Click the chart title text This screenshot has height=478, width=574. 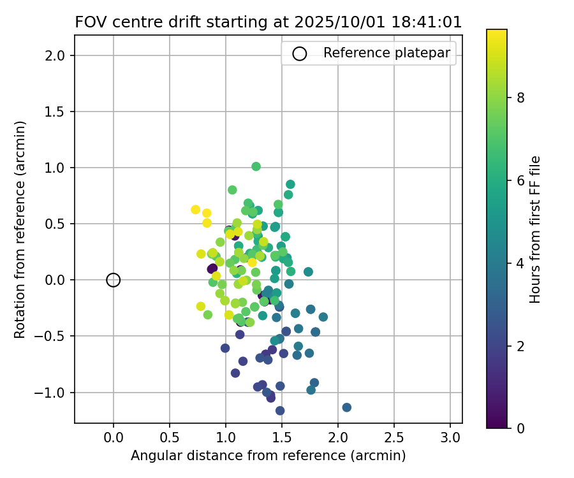click(269, 22)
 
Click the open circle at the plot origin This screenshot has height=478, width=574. click(114, 280)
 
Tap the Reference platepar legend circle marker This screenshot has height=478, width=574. click(299, 54)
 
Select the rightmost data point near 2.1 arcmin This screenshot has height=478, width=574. click(346, 407)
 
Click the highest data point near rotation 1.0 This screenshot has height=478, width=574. click(256, 166)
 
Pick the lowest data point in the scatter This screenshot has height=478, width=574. click(280, 410)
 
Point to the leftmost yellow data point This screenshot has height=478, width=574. click(196, 210)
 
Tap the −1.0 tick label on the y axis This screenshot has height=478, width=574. click(52, 392)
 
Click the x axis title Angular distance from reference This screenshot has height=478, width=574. click(268, 456)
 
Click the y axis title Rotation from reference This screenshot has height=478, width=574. click(20, 229)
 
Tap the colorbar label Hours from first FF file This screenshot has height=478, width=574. click(536, 229)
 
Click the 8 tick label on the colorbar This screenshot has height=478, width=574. click(520, 98)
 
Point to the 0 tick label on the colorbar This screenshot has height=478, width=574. click(520, 428)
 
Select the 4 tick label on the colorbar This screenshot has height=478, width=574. click(520, 263)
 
